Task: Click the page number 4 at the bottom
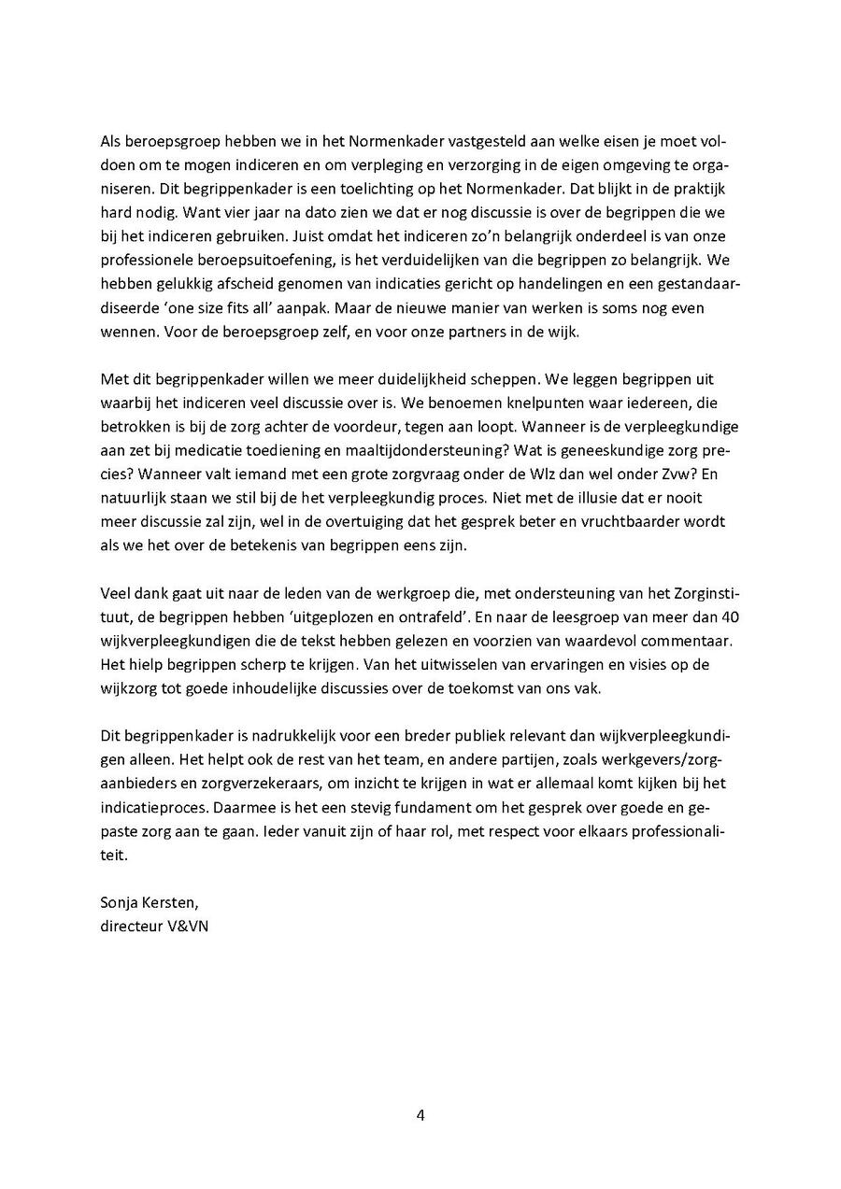420,1114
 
